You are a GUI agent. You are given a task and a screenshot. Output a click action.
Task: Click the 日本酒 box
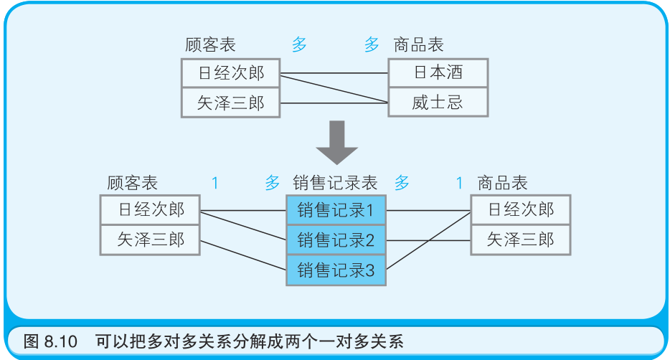click(x=438, y=72)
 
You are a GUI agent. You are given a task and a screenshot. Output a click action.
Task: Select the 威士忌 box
click(x=438, y=102)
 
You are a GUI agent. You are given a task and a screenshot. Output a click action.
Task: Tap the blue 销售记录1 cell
click(x=336, y=210)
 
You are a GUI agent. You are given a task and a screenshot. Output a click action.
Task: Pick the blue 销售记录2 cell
click(x=336, y=240)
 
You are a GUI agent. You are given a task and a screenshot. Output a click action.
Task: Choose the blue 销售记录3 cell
click(x=336, y=270)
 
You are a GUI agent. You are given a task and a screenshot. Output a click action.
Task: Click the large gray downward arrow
click(x=336, y=142)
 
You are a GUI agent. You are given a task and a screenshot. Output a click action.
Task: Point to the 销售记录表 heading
click(x=335, y=183)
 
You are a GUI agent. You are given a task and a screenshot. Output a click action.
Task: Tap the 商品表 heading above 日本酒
click(x=418, y=44)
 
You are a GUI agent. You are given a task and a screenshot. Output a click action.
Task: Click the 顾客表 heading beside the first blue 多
click(x=210, y=44)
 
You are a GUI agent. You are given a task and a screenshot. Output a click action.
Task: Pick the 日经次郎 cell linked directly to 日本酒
click(x=231, y=72)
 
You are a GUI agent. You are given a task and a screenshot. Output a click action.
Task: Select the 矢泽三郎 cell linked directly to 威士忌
click(x=231, y=103)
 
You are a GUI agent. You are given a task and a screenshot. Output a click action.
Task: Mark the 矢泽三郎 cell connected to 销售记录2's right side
click(x=520, y=240)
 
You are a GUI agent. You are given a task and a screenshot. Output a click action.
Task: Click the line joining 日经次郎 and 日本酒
click(x=334, y=73)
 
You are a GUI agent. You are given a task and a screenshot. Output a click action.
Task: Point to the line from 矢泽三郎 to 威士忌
click(x=334, y=103)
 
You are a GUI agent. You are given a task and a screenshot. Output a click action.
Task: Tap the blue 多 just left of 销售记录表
click(x=273, y=183)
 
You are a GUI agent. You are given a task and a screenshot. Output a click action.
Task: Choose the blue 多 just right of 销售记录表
click(x=402, y=183)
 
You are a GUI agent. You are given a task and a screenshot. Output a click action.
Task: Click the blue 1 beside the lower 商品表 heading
click(x=459, y=183)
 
